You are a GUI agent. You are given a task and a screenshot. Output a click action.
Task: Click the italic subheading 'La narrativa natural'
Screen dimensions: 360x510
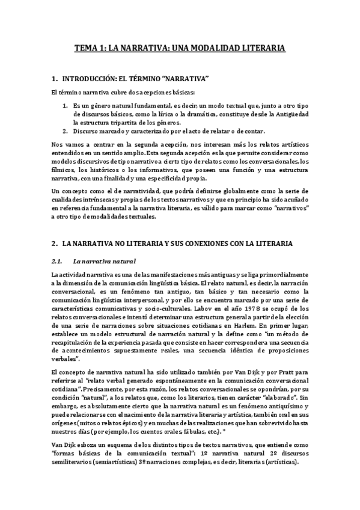(104, 261)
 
